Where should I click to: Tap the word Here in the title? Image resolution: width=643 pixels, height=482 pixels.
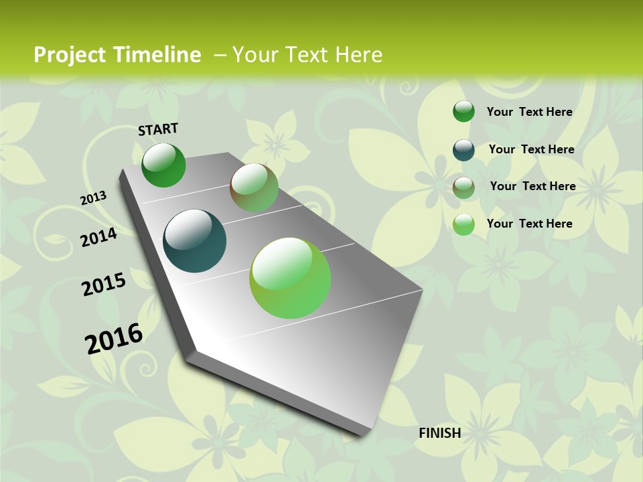(x=358, y=55)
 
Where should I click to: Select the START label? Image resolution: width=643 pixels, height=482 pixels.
(x=158, y=129)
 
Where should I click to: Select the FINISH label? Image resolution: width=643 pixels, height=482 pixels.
(x=439, y=433)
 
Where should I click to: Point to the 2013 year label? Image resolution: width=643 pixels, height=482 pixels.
(x=94, y=198)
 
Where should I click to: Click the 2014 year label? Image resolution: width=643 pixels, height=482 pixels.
(x=99, y=237)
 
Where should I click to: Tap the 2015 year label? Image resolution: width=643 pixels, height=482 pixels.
(x=104, y=285)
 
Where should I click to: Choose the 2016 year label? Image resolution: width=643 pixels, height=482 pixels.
(x=114, y=338)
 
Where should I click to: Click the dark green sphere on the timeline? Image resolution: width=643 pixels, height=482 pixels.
(x=163, y=165)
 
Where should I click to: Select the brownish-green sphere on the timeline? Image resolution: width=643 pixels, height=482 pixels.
(x=254, y=187)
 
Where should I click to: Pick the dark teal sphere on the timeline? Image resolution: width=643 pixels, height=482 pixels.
(x=195, y=241)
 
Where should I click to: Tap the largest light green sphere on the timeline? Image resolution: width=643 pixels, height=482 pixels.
(x=290, y=278)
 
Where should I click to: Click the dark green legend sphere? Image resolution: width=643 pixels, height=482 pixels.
(x=463, y=112)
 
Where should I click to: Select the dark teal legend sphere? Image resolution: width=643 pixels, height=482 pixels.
(x=463, y=150)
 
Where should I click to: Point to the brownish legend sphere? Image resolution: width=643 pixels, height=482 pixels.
(x=463, y=187)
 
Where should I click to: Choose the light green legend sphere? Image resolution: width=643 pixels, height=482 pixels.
(x=463, y=225)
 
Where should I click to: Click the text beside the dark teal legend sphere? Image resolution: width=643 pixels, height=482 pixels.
(x=531, y=149)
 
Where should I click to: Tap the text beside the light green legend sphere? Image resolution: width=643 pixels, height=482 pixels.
(x=529, y=224)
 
